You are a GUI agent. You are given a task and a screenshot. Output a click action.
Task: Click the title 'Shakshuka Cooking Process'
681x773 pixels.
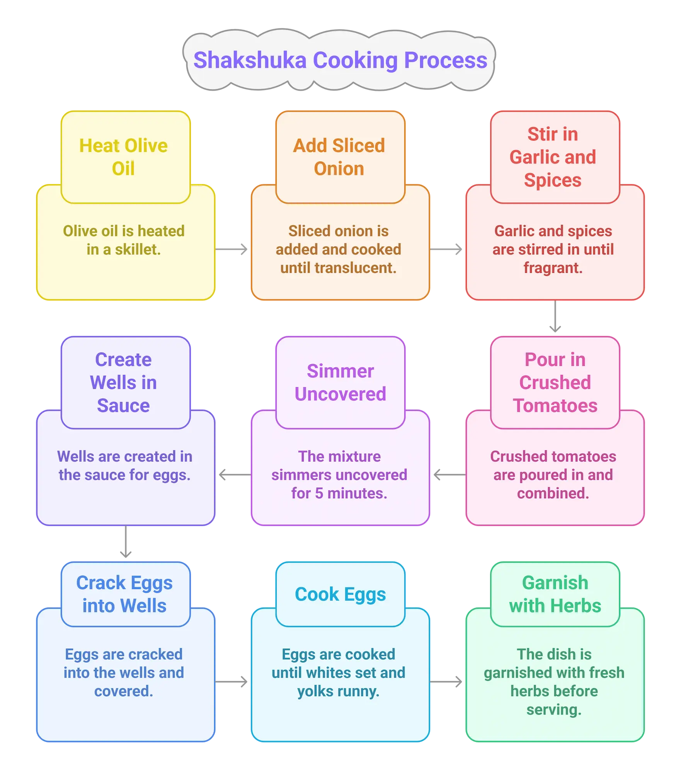tap(340, 60)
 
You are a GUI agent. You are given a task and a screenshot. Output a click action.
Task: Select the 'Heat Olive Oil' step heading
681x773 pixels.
tap(124, 157)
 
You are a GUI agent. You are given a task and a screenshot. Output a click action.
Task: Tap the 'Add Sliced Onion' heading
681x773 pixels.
tap(339, 157)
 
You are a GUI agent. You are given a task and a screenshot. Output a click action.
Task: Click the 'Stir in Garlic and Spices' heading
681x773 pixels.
tap(553, 157)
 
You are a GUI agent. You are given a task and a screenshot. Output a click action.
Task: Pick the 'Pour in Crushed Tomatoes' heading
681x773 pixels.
tap(555, 383)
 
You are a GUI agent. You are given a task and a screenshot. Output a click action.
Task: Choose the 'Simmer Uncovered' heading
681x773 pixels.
tap(340, 383)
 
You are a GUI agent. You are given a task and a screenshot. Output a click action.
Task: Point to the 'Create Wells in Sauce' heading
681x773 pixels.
tap(124, 383)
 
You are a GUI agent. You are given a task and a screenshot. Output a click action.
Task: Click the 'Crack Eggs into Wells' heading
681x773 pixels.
tap(124, 594)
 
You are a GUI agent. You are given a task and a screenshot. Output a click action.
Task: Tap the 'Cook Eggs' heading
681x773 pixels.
tap(340, 594)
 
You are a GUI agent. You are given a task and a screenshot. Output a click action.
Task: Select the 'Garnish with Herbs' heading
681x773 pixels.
tap(555, 594)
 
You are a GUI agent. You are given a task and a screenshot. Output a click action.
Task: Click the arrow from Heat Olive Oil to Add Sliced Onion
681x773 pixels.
tap(231, 249)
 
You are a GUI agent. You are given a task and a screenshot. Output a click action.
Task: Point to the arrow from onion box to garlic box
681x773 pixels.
tap(446, 249)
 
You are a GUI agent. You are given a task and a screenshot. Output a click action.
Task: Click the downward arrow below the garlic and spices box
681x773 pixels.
tap(555, 316)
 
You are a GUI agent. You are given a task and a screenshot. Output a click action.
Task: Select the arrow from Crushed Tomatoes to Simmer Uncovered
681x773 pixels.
tap(450, 475)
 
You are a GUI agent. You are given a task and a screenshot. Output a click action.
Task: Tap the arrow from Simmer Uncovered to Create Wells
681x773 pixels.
tap(235, 475)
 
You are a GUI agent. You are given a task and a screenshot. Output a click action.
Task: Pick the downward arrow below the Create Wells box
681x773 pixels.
tap(126, 541)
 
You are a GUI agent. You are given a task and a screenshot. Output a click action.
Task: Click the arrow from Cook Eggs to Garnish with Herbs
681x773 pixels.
tap(446, 682)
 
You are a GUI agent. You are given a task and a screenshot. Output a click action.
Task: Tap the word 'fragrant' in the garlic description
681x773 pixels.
tap(553, 268)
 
